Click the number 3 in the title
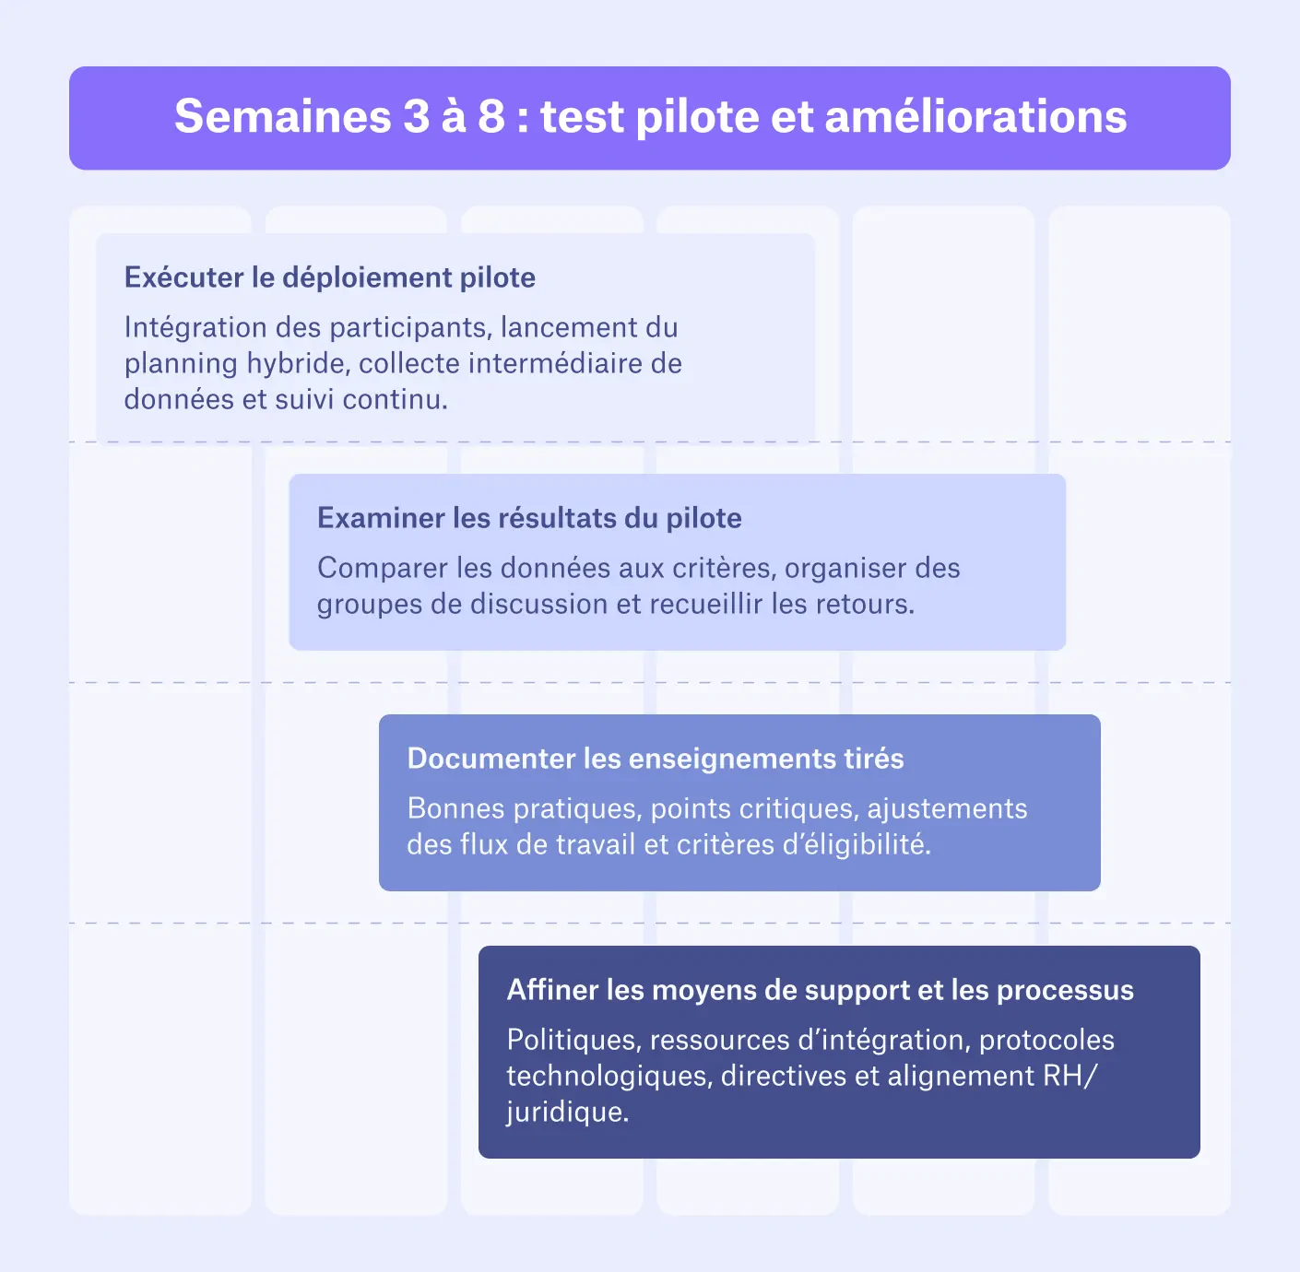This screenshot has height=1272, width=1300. pos(416,117)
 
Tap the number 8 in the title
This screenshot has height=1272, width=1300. pos(491,117)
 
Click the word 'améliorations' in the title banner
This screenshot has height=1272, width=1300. pos(975,117)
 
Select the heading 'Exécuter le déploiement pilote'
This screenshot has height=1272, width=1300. pos(330,277)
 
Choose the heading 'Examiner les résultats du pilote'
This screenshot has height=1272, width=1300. pos(529,518)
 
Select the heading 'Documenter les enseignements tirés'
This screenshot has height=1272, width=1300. pos(656,759)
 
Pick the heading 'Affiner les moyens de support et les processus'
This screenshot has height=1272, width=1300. pos(820,990)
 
